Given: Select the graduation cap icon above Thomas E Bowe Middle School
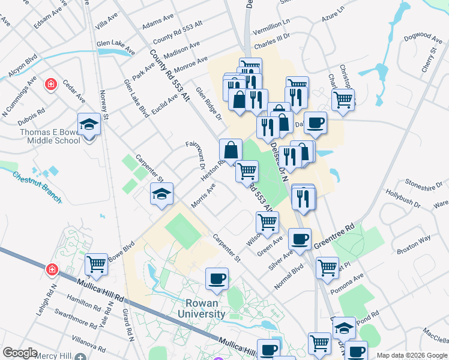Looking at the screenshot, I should (x=89, y=125).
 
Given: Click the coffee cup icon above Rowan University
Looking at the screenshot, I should (x=217, y=278).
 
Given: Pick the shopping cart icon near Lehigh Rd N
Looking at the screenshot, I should (x=96, y=264).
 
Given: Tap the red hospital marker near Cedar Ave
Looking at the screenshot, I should (x=52, y=84).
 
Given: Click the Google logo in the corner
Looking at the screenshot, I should (x=20, y=353).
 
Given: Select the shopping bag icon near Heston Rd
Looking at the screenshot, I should (x=231, y=149).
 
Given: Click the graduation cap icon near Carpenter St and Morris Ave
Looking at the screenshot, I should (x=161, y=194).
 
